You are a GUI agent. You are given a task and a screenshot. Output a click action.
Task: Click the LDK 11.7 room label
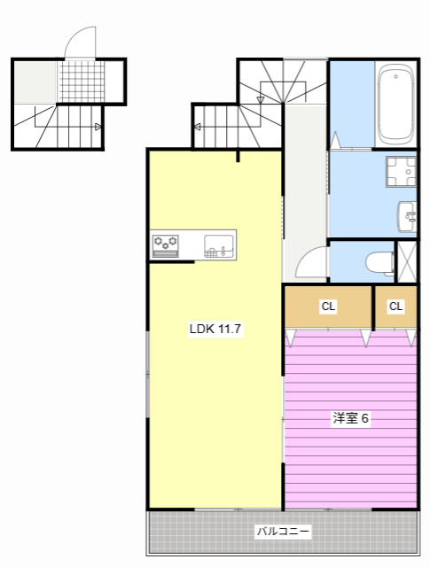(x=215, y=329)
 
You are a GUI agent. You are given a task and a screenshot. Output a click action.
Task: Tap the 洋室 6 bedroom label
(x=350, y=418)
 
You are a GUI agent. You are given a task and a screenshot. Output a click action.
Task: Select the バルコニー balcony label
(x=283, y=532)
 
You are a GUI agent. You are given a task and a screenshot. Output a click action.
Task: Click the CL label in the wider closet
(x=328, y=307)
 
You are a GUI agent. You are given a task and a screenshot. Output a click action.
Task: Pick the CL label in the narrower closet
(x=395, y=307)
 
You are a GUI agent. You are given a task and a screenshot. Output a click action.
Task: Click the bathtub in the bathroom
(x=396, y=104)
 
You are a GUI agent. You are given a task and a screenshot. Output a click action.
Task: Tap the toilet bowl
(x=379, y=262)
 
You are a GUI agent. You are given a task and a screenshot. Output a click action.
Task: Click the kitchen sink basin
(x=219, y=246)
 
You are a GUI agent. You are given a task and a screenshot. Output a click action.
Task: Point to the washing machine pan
(x=401, y=171)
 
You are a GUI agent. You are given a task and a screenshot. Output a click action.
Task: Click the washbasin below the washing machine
(x=407, y=216)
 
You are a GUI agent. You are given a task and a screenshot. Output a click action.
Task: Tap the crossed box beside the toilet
(x=407, y=261)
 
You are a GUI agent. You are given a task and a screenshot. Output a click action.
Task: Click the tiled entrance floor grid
(x=82, y=82)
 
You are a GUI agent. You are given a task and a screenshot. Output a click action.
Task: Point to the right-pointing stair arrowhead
(x=98, y=127)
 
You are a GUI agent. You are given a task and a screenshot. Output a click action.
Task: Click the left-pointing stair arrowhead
(x=198, y=127)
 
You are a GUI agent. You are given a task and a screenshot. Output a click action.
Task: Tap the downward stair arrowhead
(x=261, y=99)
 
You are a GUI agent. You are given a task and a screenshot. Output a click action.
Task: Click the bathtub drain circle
(x=396, y=77)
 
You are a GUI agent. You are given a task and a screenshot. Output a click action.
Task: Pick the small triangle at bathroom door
(x=336, y=140)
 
